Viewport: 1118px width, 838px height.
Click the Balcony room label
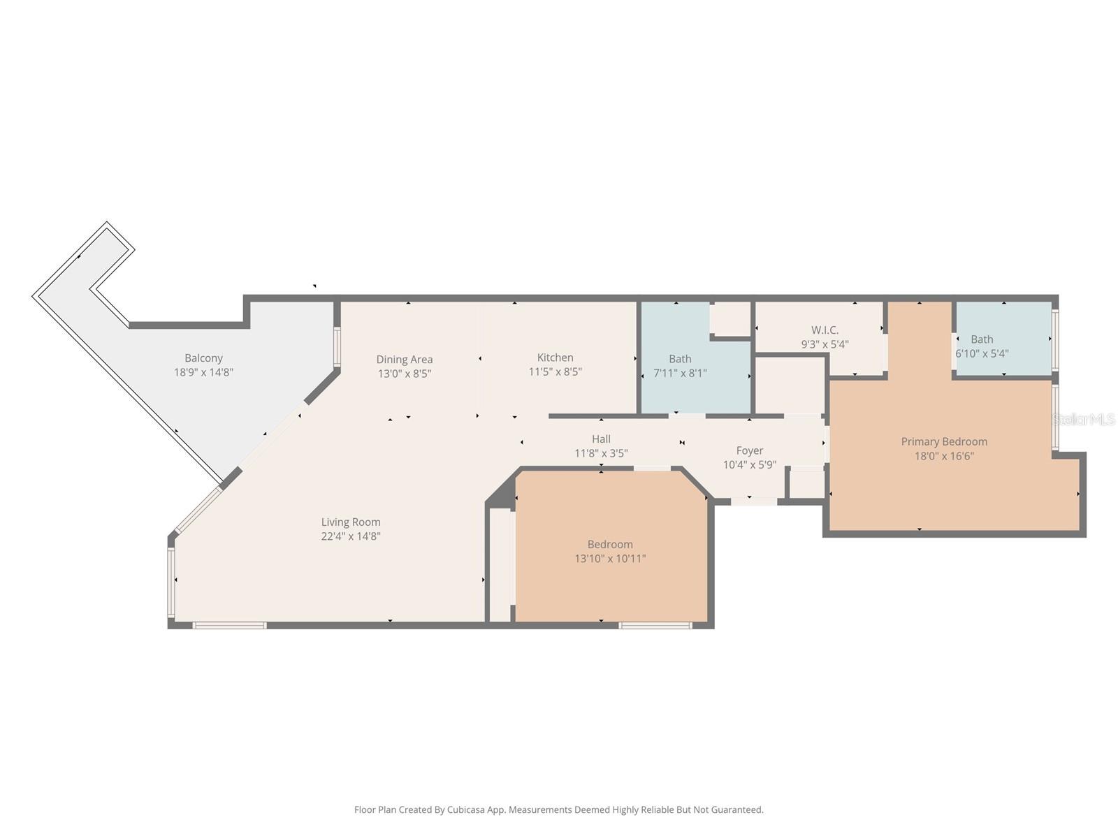click(x=203, y=358)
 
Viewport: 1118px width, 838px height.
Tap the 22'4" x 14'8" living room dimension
click(x=350, y=536)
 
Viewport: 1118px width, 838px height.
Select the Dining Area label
click(x=404, y=360)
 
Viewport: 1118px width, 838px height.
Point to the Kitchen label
click(x=555, y=358)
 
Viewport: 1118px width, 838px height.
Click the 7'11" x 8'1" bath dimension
click(x=679, y=374)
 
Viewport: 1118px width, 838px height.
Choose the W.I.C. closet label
click(x=825, y=330)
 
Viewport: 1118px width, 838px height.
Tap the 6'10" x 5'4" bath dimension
click(x=981, y=354)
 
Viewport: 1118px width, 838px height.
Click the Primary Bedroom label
click(x=943, y=441)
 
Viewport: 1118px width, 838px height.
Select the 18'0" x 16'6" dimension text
click(x=943, y=456)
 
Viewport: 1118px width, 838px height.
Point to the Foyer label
click(x=749, y=450)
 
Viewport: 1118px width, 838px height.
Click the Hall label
click(x=601, y=439)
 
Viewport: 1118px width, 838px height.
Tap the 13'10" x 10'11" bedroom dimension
click(x=609, y=559)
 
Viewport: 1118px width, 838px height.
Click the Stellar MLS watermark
click(x=1084, y=420)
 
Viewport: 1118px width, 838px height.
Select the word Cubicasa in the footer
click(x=464, y=810)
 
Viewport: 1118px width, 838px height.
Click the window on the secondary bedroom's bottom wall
click(x=655, y=626)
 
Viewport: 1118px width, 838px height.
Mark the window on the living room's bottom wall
click(x=229, y=626)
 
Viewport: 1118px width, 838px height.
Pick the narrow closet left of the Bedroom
click(x=500, y=566)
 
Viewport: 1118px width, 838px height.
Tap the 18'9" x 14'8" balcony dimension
click(x=203, y=373)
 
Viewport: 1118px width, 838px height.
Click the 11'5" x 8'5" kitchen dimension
click(x=555, y=372)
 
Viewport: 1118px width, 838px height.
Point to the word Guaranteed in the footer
click(x=736, y=810)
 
